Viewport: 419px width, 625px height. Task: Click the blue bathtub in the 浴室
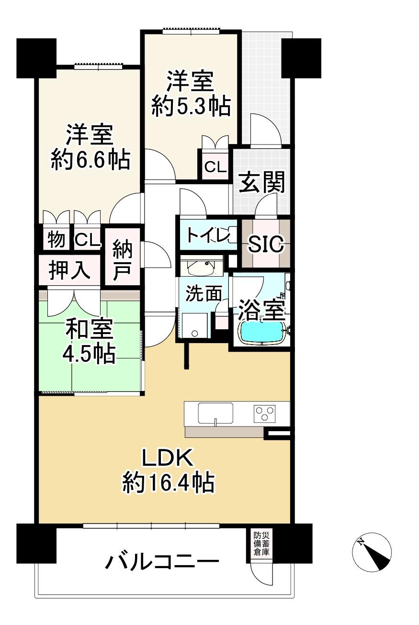click(x=262, y=333)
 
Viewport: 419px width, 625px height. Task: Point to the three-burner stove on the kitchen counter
click(x=264, y=414)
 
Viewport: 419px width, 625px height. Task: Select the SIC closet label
click(x=266, y=244)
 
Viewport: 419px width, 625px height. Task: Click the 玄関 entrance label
click(x=261, y=182)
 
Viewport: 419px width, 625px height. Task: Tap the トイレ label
click(x=208, y=235)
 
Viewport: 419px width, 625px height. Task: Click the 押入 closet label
click(x=69, y=270)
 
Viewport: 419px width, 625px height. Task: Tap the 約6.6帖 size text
click(x=91, y=160)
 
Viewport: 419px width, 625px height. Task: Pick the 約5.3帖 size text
click(x=191, y=106)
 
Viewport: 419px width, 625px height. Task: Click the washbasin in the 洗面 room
click(x=201, y=268)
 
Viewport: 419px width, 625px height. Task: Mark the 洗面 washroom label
click(x=204, y=293)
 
